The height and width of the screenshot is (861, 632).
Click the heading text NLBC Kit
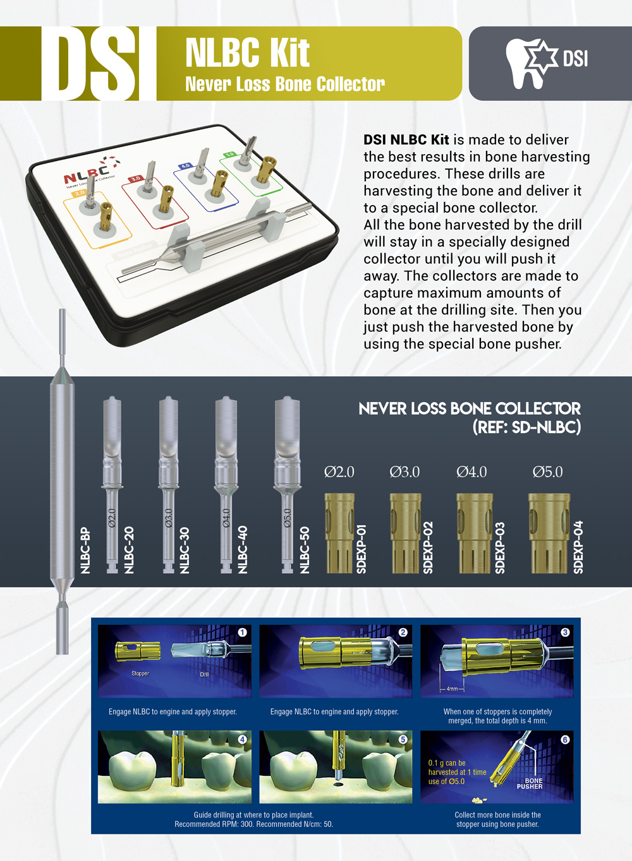click(247, 53)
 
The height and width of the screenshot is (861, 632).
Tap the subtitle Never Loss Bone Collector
click(284, 84)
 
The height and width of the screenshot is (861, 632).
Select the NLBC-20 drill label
click(130, 549)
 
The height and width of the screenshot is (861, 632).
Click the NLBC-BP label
click(86, 550)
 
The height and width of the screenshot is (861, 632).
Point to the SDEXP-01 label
click(362, 548)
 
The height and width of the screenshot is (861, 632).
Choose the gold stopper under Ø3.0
click(405, 533)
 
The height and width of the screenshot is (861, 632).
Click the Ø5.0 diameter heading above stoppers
click(547, 472)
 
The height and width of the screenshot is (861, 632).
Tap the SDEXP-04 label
click(578, 547)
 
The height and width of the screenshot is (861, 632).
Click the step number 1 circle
click(242, 632)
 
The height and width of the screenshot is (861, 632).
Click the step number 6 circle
click(565, 739)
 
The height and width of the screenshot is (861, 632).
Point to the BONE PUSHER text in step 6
click(530, 783)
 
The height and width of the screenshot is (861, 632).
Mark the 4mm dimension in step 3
click(452, 689)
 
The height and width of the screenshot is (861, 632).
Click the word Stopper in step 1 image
click(140, 674)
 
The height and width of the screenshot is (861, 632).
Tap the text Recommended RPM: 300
click(214, 824)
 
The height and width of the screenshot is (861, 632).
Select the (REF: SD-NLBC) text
click(526, 427)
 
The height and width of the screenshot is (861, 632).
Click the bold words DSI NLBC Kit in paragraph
click(406, 140)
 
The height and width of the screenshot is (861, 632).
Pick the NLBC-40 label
click(243, 549)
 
